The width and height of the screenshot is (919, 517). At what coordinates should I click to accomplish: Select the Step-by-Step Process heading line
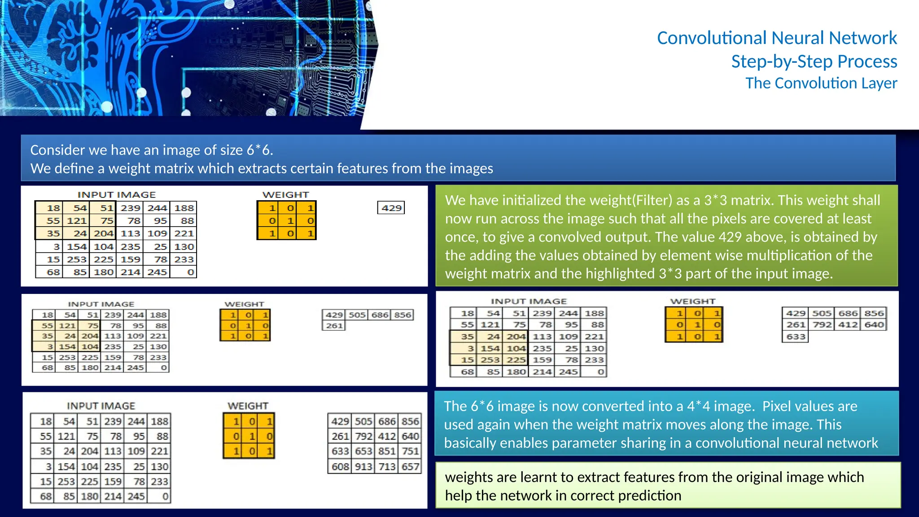814,61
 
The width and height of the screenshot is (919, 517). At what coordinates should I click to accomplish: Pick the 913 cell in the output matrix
363,467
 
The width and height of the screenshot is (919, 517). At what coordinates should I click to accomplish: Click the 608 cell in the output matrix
340,467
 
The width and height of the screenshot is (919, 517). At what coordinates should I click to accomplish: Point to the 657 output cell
410,467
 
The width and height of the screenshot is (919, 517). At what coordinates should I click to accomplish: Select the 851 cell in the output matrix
387,451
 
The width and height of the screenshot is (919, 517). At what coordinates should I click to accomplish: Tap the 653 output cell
363,451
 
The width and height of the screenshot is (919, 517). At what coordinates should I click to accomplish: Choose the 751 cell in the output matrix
410,451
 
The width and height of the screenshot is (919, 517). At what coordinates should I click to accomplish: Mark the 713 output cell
387,467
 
